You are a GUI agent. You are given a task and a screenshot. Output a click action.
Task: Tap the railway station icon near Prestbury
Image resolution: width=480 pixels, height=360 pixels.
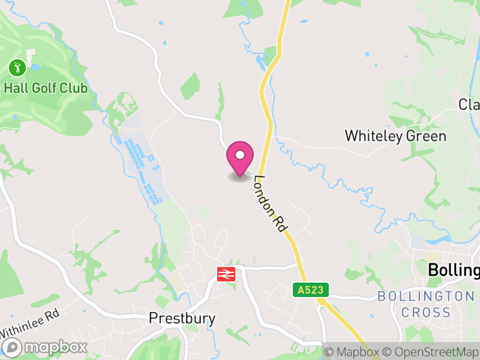click(226, 275)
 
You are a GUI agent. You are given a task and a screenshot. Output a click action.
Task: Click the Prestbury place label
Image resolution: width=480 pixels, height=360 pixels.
click(182, 318)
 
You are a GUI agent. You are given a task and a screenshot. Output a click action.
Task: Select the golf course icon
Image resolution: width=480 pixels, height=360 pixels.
click(17, 67)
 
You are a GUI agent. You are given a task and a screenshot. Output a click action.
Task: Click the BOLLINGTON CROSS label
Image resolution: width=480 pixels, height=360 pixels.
click(425, 304)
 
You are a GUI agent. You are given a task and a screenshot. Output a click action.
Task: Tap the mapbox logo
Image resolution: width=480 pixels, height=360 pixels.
click(46, 347)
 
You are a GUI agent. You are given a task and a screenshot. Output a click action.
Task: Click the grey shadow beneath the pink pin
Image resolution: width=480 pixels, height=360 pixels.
click(239, 178)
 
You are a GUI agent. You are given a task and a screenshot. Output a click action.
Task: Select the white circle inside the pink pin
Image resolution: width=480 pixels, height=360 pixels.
click(240, 155)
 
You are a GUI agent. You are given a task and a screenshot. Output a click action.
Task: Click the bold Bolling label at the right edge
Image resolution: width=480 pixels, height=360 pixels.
click(454, 271)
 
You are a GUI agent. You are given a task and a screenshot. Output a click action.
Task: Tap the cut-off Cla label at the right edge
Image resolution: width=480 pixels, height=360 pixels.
click(469, 104)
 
